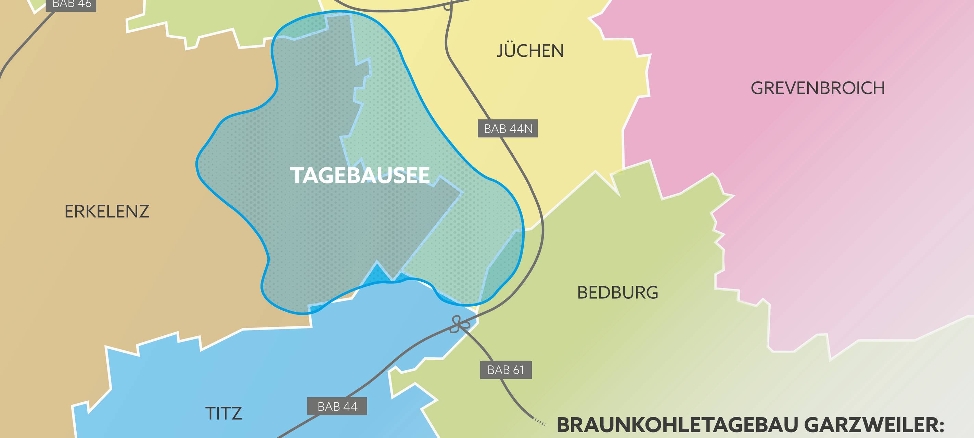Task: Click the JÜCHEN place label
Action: pyautogui.click(x=530, y=51)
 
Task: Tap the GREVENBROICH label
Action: pyautogui.click(x=818, y=88)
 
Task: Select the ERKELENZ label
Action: pyautogui.click(x=107, y=211)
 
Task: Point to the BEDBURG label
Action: pyautogui.click(x=617, y=293)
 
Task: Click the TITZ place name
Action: pyautogui.click(x=223, y=413)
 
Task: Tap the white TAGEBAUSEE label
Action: pyautogui.click(x=360, y=176)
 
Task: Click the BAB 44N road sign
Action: pyautogui.click(x=508, y=128)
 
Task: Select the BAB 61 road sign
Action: pyautogui.click(x=505, y=370)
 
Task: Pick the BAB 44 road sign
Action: pyautogui.click(x=337, y=406)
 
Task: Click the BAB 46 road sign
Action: pyautogui.click(x=71, y=4)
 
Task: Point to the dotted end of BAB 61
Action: pyautogui.click(x=540, y=422)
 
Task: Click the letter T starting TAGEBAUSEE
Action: pyautogui.click(x=296, y=176)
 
